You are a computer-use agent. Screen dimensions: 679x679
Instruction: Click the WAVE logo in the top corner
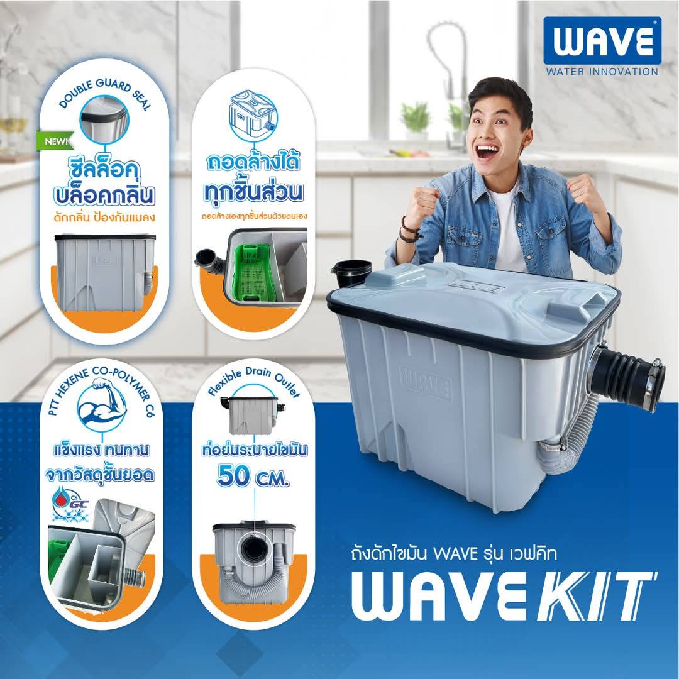[602, 41]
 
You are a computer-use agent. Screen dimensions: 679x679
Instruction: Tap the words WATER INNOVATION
[602, 72]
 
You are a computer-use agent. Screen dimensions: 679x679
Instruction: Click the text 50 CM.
[254, 476]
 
